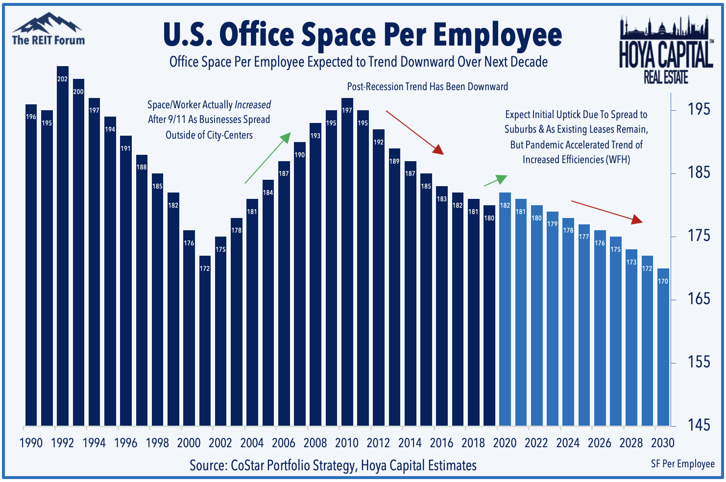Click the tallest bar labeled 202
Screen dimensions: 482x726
pos(62,245)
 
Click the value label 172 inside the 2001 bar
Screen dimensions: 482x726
pos(205,268)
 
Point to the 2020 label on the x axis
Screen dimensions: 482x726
pos(505,443)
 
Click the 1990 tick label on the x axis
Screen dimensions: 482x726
pos(31,443)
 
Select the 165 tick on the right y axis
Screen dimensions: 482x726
pos(699,299)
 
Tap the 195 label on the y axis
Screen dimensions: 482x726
pos(699,109)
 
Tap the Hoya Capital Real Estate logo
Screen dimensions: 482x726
pos(666,49)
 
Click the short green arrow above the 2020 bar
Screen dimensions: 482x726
pos(495,180)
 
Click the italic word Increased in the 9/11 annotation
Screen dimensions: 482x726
pos(252,105)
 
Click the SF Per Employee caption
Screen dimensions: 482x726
pos(682,463)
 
